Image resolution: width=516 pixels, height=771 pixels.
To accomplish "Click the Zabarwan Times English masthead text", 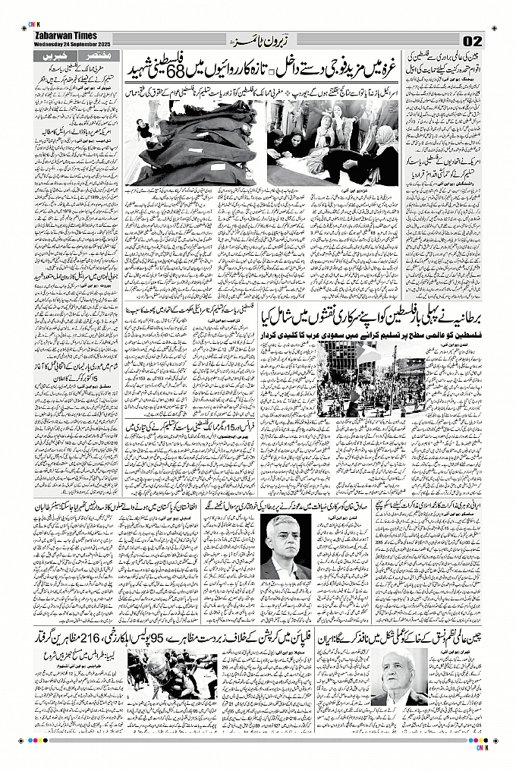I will pyautogui.click(x=66, y=36).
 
